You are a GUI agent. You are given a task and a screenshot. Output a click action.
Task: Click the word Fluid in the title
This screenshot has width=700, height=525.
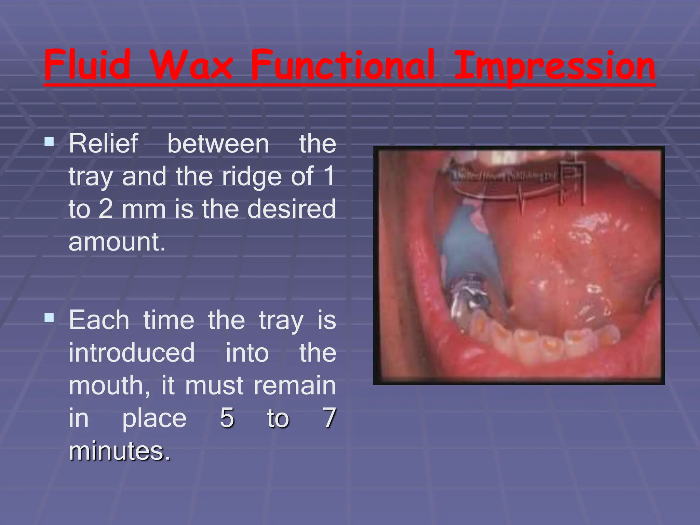click(87, 65)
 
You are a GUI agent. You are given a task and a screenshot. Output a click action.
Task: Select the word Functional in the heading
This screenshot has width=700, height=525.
click(342, 65)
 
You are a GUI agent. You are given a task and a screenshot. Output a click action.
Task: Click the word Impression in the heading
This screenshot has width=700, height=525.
click(554, 67)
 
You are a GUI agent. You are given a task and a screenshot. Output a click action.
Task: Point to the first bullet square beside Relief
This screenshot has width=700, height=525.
click(49, 141)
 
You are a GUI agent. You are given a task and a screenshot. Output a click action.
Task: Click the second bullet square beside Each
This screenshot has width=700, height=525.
click(49, 318)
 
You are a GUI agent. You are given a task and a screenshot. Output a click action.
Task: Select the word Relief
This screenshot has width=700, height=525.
click(104, 144)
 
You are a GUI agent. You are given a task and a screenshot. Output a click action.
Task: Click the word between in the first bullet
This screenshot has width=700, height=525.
click(218, 144)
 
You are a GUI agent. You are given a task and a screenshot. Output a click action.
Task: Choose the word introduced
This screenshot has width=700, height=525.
click(132, 353)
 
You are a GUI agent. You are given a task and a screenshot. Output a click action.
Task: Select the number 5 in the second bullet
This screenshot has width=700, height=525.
click(227, 418)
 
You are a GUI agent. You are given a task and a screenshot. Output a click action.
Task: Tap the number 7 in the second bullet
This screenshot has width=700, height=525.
click(329, 418)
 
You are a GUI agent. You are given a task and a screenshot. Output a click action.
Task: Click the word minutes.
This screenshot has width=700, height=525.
click(119, 451)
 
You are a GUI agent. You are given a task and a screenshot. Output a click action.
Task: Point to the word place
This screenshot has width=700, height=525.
click(154, 418)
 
